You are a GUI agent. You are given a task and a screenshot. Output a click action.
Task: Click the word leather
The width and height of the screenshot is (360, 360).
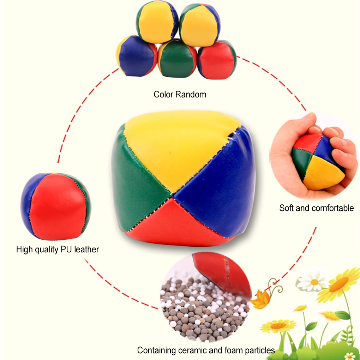click(87, 250)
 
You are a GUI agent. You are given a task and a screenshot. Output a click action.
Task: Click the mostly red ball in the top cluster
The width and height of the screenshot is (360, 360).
click(216, 60)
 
